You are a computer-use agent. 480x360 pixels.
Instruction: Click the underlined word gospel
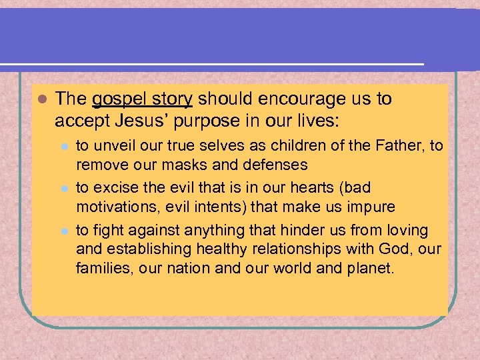click(117, 100)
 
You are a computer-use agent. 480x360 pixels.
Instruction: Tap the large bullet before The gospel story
click(41, 99)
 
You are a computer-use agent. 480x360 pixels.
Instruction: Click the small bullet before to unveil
click(64, 146)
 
